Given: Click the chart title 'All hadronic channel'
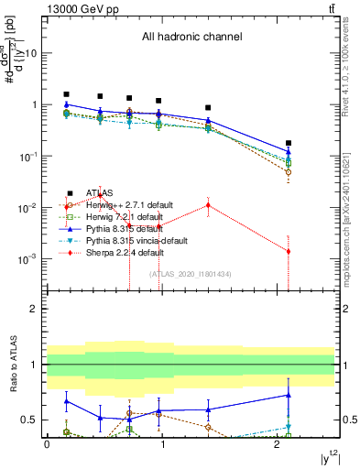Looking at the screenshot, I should coord(191,38).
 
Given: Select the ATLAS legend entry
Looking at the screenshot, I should coord(98,193).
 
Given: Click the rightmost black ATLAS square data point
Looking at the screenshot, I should coord(289,143).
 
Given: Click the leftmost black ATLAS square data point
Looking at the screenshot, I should coord(66,94).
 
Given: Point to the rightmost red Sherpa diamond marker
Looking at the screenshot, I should coord(289,251).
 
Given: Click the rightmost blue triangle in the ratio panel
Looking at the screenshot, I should coord(289,396).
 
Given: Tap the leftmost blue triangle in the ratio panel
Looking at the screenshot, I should coord(66,401).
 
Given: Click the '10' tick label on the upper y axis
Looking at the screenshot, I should coord(30,53).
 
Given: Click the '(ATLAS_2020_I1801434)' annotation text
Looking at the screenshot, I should coord(191,274).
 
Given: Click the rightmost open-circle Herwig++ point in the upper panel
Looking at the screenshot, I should coord(289,172).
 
